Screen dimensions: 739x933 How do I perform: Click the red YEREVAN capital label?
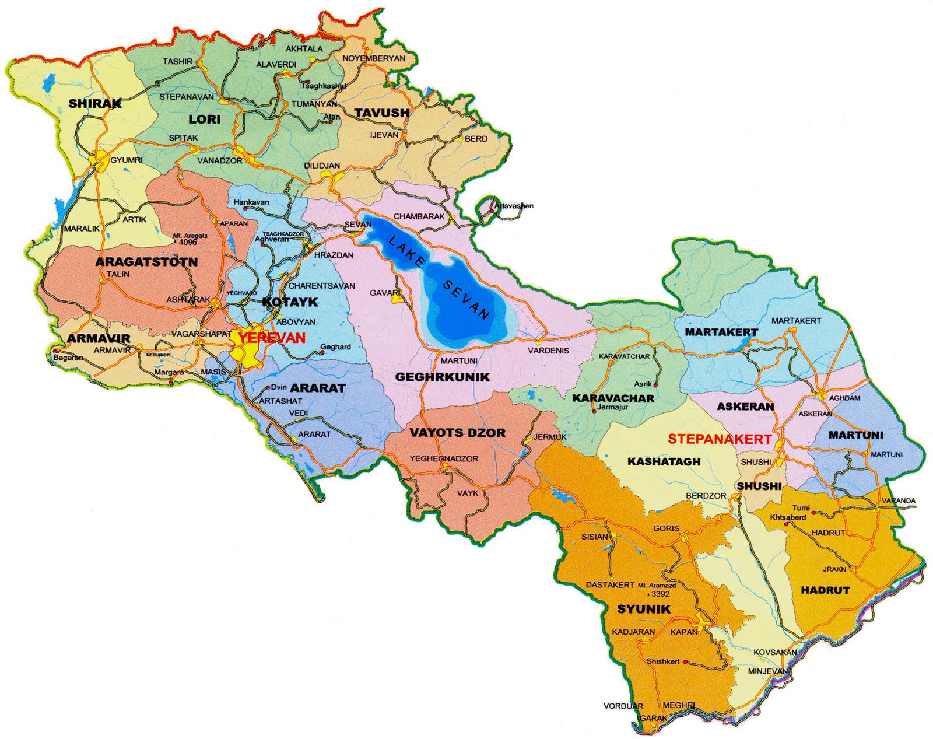(x=272, y=338)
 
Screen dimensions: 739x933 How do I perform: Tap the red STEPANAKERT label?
(x=720, y=439)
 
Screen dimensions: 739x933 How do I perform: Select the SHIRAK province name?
(x=95, y=104)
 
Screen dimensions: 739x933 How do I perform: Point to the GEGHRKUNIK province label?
(x=443, y=377)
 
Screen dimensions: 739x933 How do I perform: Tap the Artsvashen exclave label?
(x=513, y=206)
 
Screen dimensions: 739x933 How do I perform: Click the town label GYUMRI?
(x=127, y=160)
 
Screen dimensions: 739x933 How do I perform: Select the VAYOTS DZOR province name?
(x=457, y=433)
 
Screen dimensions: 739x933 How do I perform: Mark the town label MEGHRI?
(x=678, y=705)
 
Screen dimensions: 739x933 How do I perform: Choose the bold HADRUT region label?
(x=825, y=590)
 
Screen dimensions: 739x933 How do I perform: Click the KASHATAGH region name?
(x=664, y=461)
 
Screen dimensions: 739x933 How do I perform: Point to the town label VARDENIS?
(x=548, y=351)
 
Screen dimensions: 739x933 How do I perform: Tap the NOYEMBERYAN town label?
(x=373, y=58)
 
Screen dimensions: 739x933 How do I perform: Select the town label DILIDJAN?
(x=322, y=166)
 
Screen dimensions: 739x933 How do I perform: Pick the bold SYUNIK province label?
(x=644, y=609)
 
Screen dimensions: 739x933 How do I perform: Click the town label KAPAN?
(x=683, y=632)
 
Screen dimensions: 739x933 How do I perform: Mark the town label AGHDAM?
(x=844, y=398)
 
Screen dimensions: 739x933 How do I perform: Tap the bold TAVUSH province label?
(x=382, y=113)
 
